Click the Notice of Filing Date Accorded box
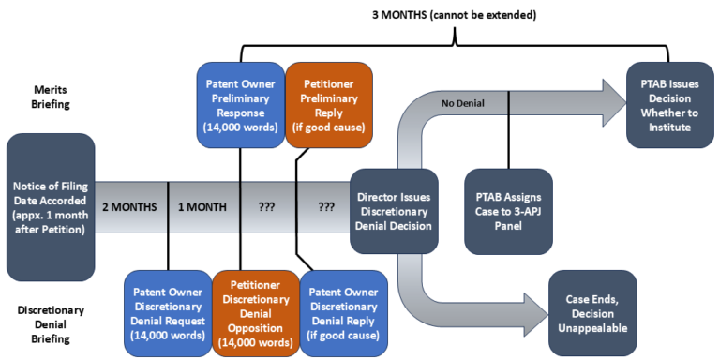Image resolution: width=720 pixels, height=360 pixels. coord(51,206)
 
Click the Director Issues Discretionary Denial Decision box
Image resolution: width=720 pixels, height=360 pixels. coord(394,212)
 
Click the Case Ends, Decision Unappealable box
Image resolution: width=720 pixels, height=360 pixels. coord(592,313)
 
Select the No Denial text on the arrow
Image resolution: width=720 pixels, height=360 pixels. coord(463,102)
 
